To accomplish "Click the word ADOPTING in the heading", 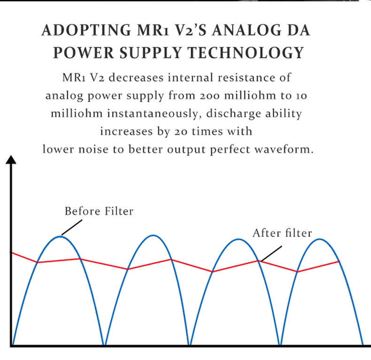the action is click(x=86, y=31).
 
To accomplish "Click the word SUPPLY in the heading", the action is click(x=150, y=53).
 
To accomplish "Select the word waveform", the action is click(x=284, y=149).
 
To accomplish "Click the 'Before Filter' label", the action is click(x=99, y=211).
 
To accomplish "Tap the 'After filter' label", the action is click(x=282, y=233).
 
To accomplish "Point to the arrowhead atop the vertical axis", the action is click(x=11, y=160).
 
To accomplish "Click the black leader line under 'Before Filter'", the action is click(x=72, y=227).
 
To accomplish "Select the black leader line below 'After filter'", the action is click(x=271, y=253).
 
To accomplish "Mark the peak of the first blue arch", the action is click(x=60, y=236).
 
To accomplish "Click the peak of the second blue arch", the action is click(x=153, y=235).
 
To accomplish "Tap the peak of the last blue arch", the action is click(x=320, y=239).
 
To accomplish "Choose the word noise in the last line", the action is click(x=93, y=150).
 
